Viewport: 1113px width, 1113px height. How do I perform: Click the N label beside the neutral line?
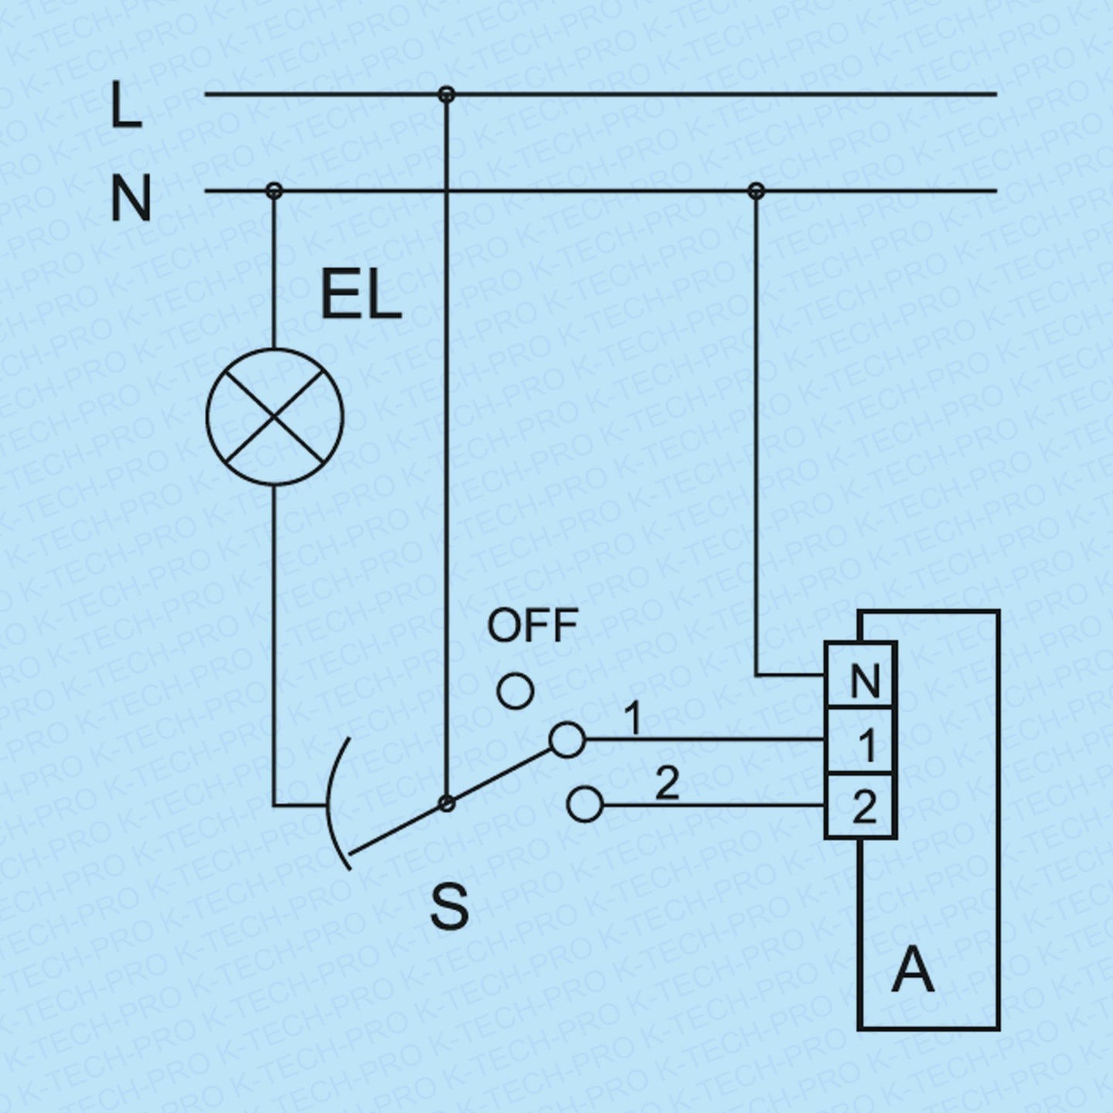click(x=130, y=199)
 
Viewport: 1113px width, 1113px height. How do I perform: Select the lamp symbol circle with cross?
click(x=274, y=417)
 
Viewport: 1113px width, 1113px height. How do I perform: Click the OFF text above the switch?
click(x=533, y=625)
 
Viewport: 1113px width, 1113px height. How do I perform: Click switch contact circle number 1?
click(x=567, y=740)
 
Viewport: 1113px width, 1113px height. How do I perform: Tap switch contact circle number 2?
click(x=584, y=805)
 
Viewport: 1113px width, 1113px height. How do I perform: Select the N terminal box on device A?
click(x=861, y=676)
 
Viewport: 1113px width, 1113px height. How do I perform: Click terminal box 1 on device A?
click(x=861, y=740)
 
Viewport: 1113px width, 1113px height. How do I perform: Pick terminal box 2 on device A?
click(x=861, y=806)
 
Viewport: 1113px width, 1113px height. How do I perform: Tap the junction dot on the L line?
click(x=446, y=94)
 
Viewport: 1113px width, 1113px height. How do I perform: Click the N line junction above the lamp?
click(x=274, y=190)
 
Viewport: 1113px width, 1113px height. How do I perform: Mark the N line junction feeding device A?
click(x=757, y=190)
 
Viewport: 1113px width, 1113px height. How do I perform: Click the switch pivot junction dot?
click(x=446, y=804)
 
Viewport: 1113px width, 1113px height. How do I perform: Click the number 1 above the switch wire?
click(x=633, y=718)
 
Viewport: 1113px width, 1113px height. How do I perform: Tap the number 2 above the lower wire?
click(x=666, y=785)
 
